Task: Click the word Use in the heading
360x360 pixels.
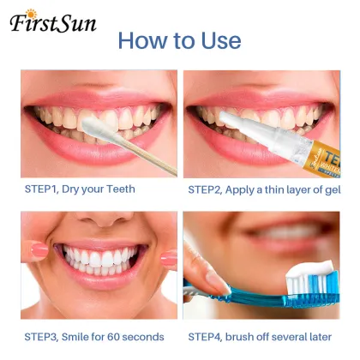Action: click(217, 40)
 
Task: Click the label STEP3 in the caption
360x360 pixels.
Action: click(39, 337)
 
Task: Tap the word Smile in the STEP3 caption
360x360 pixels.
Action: click(77, 337)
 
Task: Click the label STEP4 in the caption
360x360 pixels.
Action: click(206, 337)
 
